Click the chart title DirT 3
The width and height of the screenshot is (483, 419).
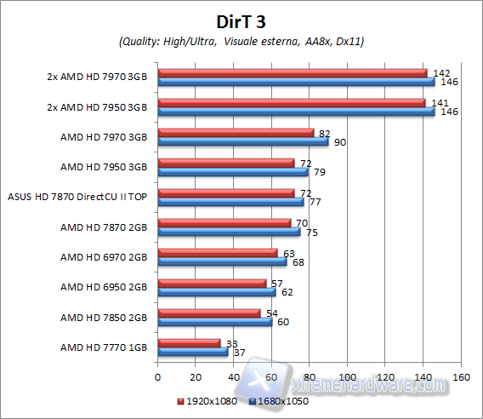[x=241, y=21]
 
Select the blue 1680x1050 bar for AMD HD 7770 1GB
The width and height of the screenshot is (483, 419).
[x=193, y=353]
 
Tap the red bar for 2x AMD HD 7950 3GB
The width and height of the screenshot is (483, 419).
[x=292, y=102]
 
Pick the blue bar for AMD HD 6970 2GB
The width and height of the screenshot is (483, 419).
[x=222, y=261]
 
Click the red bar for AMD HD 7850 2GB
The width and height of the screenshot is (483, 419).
[x=208, y=313]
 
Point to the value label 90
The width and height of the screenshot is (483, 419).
[x=340, y=142]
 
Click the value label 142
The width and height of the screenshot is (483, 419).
[x=440, y=73]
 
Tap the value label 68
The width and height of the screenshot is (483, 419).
[x=298, y=262]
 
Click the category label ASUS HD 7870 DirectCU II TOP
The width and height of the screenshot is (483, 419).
[x=77, y=197]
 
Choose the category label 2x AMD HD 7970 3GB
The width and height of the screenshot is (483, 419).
[x=97, y=77]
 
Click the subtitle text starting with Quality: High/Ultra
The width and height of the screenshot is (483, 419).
[x=241, y=41]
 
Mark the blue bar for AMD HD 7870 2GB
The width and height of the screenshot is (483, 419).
[x=229, y=232]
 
